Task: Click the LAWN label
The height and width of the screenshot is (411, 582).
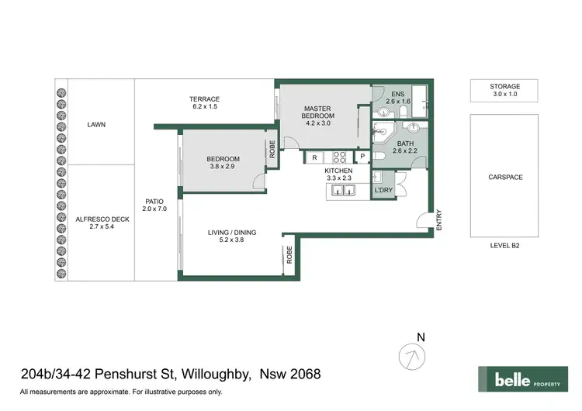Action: pyautogui.click(x=96, y=124)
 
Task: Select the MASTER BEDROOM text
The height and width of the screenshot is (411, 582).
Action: pyautogui.click(x=317, y=112)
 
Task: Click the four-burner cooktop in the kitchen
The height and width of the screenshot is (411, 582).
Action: pyautogui.click(x=340, y=157)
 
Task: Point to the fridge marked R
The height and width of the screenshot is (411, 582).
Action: pyautogui.click(x=314, y=157)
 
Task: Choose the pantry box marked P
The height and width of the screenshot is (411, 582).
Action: pyautogui.click(x=362, y=157)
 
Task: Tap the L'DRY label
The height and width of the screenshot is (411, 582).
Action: pyautogui.click(x=383, y=190)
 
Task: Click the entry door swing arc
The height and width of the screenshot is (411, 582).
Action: pyautogui.click(x=423, y=220)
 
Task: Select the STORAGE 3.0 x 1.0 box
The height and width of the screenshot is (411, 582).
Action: pyautogui.click(x=504, y=91)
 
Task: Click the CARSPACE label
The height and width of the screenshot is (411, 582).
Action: pyautogui.click(x=504, y=177)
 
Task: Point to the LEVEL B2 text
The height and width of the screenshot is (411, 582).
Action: pyautogui.click(x=504, y=245)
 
